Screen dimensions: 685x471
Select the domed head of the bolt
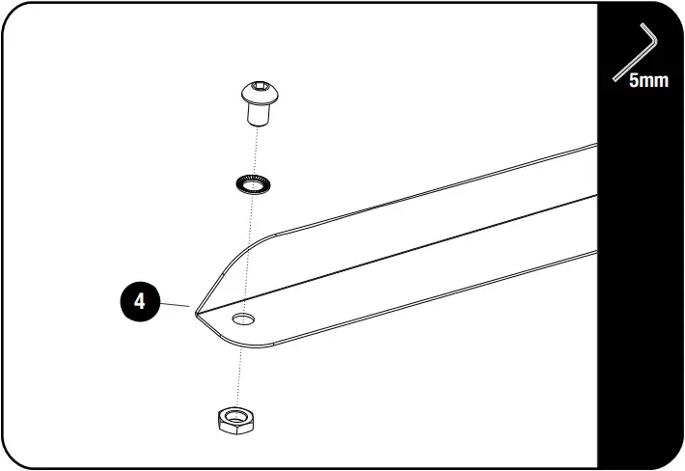coord(260,93)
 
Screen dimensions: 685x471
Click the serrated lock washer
coord(253,184)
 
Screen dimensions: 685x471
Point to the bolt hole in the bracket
coord(243,319)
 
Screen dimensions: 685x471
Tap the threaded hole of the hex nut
coord(236,416)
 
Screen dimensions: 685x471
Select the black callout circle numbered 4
coord(139,301)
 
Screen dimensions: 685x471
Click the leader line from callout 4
coord(175,304)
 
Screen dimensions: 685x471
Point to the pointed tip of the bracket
coord(196,314)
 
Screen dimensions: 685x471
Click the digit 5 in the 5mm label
coord(634,80)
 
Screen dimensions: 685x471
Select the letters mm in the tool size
coord(654,81)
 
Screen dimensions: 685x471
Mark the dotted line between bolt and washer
coord(256,151)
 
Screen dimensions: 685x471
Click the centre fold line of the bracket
coord(397,255)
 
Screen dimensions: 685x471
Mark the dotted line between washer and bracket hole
coord(248,254)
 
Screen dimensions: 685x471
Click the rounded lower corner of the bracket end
coord(245,346)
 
